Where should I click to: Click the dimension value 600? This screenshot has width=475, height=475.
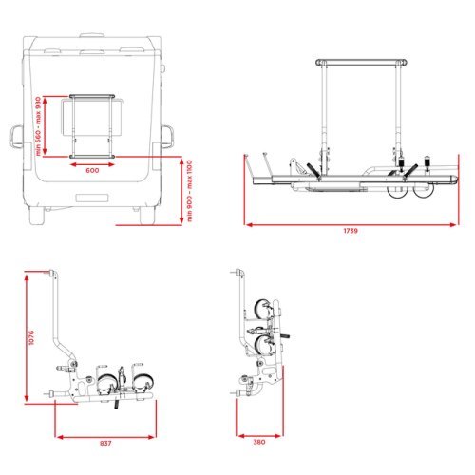click(x=92, y=170)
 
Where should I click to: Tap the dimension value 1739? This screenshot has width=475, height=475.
click(x=351, y=231)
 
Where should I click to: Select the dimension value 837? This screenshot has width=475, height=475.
click(x=105, y=443)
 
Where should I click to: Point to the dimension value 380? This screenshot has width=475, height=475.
click(x=259, y=442)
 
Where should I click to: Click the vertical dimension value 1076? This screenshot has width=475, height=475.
click(x=31, y=337)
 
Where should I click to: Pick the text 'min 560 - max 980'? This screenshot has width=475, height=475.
click(x=38, y=126)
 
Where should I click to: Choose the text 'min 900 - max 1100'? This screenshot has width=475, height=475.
click(x=189, y=191)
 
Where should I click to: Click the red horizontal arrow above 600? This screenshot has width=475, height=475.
click(x=92, y=164)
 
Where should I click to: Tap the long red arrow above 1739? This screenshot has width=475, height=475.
click(x=351, y=225)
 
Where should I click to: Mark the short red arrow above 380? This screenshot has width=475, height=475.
click(x=259, y=436)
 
